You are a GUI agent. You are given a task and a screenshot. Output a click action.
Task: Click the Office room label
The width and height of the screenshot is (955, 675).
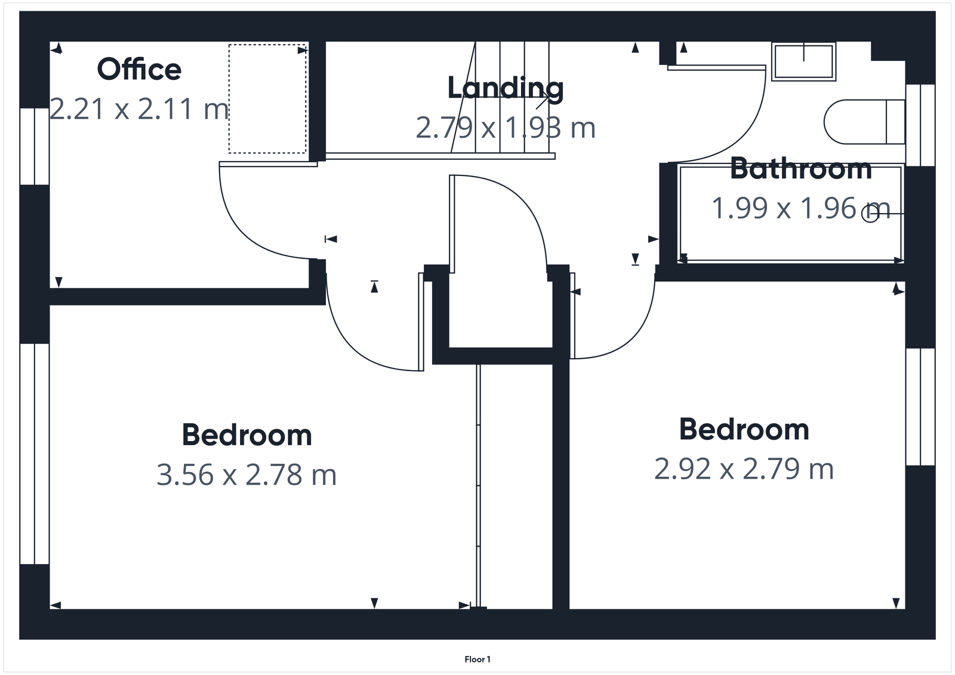coord(139,70)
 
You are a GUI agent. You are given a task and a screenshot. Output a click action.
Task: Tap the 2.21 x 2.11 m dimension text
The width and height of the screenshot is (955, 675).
coord(139,109)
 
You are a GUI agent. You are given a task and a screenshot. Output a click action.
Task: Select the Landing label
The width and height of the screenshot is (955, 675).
coord(506,88)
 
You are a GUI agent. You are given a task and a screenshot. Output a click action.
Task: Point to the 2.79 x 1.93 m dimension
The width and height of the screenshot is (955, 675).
coord(506,128)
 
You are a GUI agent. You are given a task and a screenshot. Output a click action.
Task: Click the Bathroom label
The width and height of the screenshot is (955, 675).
coord(800,169)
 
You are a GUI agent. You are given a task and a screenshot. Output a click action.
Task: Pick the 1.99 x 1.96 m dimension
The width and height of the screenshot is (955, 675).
coord(800,208)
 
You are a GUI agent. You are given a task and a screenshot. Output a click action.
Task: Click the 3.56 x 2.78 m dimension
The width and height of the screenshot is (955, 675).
coord(247,475)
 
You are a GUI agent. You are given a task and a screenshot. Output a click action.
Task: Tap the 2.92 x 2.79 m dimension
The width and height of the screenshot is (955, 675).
coord(744,469)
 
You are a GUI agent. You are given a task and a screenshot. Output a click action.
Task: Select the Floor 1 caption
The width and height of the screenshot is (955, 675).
coord(478,659)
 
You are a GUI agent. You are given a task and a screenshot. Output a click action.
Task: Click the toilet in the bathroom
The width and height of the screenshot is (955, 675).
coord(864,122)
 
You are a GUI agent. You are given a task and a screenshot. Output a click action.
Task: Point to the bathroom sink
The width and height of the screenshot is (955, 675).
coord(803,61)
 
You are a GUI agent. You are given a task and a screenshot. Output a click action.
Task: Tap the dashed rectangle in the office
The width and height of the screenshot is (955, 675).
coord(267,98)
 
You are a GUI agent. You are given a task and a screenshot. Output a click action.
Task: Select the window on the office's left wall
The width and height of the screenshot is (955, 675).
coord(35,146)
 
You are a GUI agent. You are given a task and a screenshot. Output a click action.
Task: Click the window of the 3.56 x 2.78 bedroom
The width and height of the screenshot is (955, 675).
coord(35,454)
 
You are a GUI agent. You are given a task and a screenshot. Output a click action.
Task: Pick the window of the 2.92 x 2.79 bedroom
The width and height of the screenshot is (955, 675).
coord(920,406)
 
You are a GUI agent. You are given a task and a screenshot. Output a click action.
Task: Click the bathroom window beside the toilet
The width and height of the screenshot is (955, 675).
coord(920,125)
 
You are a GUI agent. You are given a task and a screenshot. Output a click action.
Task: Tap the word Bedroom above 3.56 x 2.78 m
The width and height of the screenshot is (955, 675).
coord(247,435)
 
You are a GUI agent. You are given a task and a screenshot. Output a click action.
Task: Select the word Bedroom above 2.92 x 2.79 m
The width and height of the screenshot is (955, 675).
coord(744,430)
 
